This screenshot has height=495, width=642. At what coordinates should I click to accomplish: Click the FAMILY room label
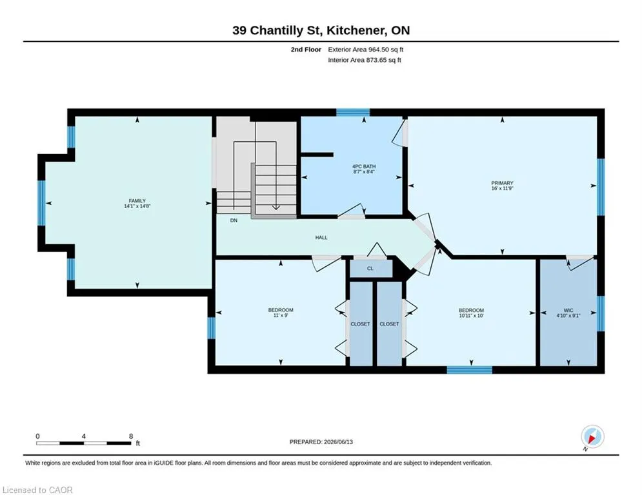coord(137,201)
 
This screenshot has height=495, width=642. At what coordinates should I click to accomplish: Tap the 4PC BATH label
coord(364,166)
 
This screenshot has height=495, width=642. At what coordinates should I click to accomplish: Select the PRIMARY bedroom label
coord(503,183)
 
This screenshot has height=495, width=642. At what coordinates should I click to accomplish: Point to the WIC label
coord(568,310)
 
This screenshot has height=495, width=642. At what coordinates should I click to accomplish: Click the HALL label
coord(321,237)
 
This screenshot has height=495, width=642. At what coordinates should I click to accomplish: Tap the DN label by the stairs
coord(234,220)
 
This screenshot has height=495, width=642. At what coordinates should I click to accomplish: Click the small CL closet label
coord(370,268)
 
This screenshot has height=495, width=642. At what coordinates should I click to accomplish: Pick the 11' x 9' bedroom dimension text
coord(281,315)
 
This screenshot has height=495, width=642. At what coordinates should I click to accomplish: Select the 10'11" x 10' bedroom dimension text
coord(471,315)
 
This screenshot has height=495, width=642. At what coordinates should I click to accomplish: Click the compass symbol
coord(592,436)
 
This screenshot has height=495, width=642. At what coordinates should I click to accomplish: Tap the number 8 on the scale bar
coord(131,436)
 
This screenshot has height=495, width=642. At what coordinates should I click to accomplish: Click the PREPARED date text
coord(321,442)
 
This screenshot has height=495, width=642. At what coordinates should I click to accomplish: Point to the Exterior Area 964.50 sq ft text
coord(366,50)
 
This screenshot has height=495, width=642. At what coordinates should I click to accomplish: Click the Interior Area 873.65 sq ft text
coord(365,60)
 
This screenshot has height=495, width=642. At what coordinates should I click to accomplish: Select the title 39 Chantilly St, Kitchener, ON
coord(321,30)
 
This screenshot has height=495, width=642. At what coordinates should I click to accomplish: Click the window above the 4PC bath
coord(353,113)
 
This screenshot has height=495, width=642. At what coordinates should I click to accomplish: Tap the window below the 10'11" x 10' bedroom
coord(469,370)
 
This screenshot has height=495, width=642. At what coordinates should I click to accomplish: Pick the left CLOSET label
coord(360,324)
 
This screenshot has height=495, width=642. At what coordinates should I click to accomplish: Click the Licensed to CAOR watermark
coord(37,490)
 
